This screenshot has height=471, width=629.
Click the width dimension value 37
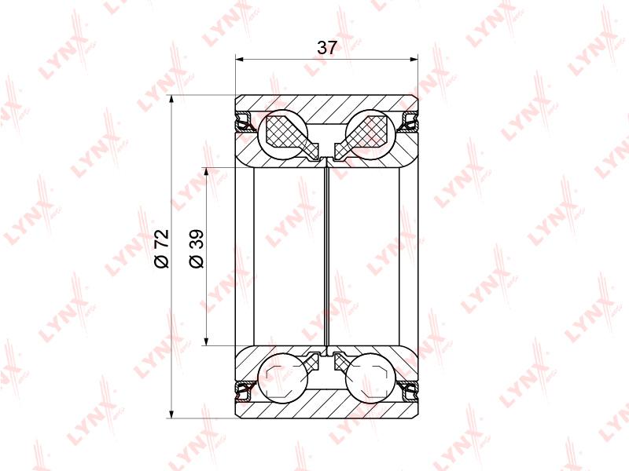(x=326, y=48)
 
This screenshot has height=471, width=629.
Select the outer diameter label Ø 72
(x=162, y=249)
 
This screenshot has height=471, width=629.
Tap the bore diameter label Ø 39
(x=197, y=249)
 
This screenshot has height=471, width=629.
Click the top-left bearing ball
(x=283, y=133)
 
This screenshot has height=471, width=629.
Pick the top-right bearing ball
(x=370, y=133)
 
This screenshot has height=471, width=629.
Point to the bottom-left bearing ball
(x=283, y=378)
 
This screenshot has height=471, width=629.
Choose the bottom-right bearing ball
(x=370, y=378)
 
